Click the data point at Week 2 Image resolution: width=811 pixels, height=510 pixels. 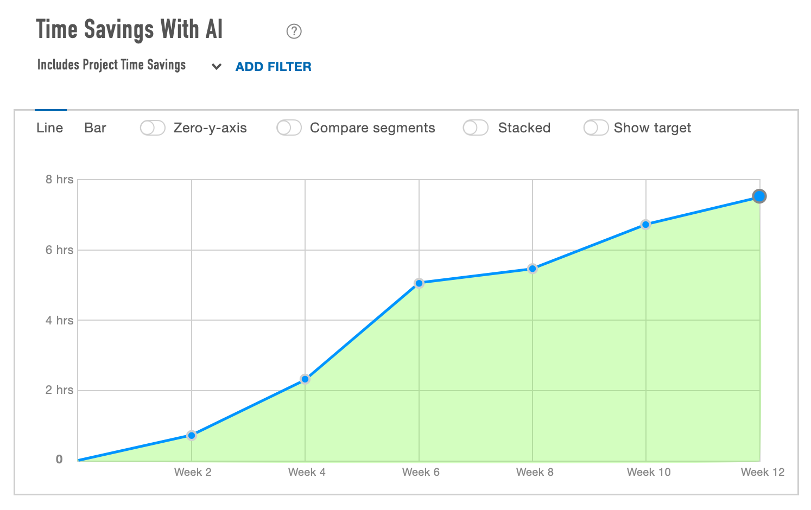(192, 435)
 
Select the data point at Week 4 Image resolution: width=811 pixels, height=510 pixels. (305, 379)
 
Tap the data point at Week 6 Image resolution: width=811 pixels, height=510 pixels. (419, 283)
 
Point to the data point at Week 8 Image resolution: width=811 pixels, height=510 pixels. (533, 269)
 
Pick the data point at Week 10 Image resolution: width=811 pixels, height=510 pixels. (645, 225)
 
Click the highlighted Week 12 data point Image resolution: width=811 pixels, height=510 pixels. (759, 196)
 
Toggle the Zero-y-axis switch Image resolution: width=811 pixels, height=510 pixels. (153, 128)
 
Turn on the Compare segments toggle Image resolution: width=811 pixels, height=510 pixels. (289, 128)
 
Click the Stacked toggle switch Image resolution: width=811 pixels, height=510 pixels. (476, 128)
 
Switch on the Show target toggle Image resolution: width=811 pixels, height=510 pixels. (595, 128)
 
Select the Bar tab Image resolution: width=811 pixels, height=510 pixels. (95, 128)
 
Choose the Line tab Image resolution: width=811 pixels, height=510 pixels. (50, 128)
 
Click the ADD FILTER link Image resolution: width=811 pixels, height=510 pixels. (273, 67)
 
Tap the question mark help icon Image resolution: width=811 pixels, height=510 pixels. (294, 31)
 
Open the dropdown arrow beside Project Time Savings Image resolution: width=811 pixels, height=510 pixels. (217, 67)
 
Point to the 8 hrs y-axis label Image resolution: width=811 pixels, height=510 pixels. (59, 180)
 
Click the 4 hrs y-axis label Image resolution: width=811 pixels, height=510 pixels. (59, 320)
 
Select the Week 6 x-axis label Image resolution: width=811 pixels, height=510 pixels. (421, 472)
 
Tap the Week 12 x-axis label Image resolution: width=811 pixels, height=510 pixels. (762, 472)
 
